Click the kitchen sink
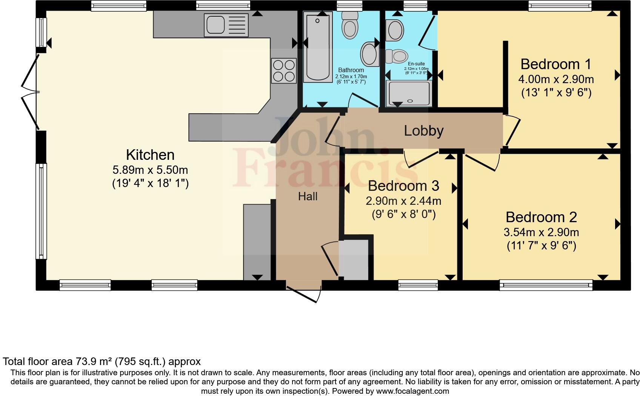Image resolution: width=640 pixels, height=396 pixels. pyautogui.click(x=226, y=25)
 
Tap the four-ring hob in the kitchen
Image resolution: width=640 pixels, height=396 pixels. pyautogui.click(x=284, y=71)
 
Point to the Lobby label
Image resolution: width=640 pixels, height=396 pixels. pyautogui.click(x=423, y=131)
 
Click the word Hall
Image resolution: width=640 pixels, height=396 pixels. pyautogui.click(x=308, y=196)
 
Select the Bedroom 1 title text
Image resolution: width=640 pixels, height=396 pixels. pyautogui.click(x=555, y=64)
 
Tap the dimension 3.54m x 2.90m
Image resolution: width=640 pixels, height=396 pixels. pyautogui.click(x=541, y=232)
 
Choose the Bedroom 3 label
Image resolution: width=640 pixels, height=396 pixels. pyautogui.click(x=403, y=186)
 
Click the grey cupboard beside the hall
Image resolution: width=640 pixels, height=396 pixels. pyautogui.click(x=354, y=260)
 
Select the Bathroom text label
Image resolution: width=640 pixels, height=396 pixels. pyautogui.click(x=351, y=70)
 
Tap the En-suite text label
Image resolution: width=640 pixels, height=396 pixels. pyautogui.click(x=416, y=64)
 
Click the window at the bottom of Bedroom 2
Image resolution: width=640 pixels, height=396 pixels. pyautogui.click(x=546, y=285)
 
